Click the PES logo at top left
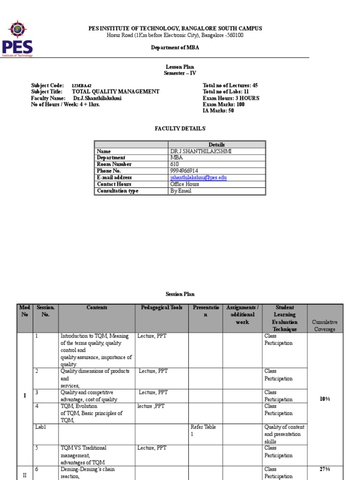18,37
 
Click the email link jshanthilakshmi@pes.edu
198,178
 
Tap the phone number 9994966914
184,171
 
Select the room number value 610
175,165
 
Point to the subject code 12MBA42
82,86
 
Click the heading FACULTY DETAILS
180,128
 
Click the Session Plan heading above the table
180,294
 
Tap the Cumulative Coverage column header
325,325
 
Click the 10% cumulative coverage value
325,399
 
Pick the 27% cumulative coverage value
325,469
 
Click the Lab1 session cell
40,427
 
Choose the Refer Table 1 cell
203,430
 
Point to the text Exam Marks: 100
224,105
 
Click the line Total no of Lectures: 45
230,85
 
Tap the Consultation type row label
118,191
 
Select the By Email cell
181,191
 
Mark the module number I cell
25,396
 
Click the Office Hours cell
185,184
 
